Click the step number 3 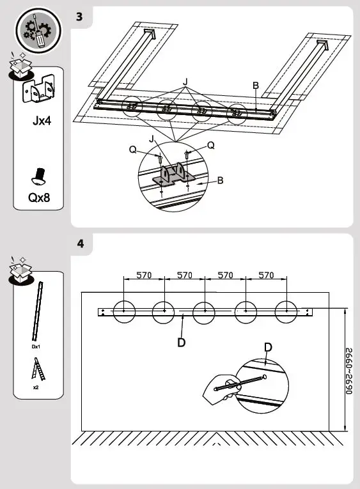79,17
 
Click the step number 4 80,244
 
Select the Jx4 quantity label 39,121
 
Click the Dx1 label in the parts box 36,346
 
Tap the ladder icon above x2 35,369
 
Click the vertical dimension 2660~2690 349,371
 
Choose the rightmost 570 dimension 265,276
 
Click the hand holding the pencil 219,389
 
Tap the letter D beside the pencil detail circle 267,347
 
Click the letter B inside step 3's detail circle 220,180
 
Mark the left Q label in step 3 132,150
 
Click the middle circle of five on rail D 204,311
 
